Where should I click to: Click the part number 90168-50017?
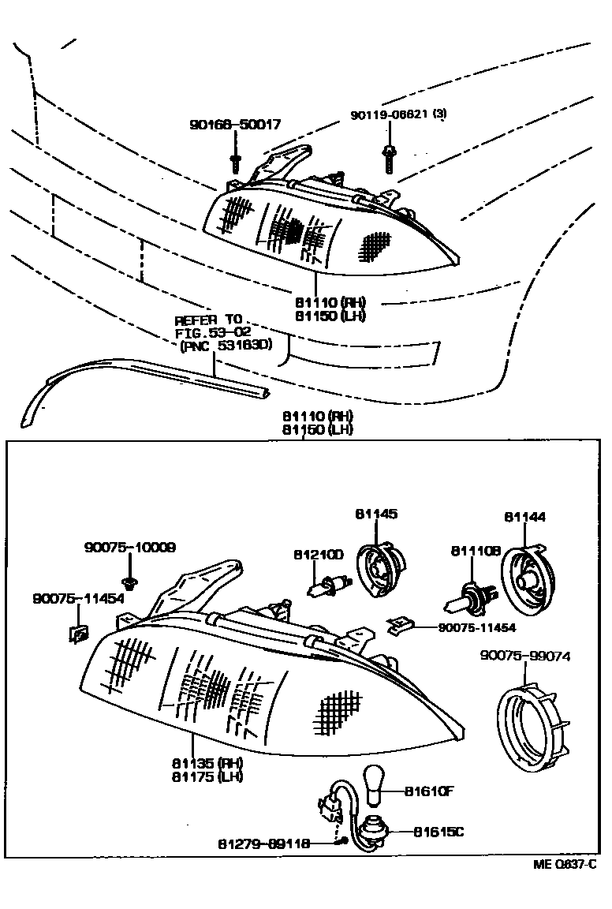[x=234, y=125]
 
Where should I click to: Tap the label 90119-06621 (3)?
[x=398, y=114]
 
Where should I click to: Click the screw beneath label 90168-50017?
[x=235, y=162]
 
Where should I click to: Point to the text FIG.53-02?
[x=207, y=332]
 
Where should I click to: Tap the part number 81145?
[x=376, y=514]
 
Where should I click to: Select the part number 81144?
[x=524, y=517]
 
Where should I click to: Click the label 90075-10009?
[x=130, y=547]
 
